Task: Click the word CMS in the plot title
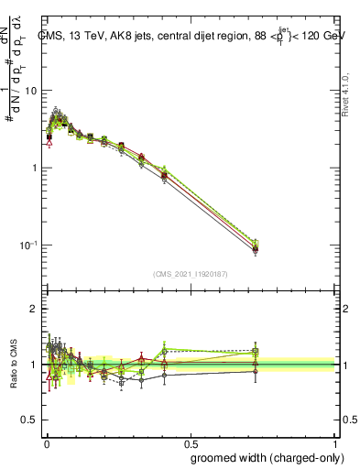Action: tap(51, 36)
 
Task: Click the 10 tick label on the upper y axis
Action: tap(31, 91)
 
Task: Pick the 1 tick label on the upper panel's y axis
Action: tap(35, 168)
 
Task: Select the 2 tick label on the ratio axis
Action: tap(35, 310)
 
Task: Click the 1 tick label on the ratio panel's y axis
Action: tap(35, 365)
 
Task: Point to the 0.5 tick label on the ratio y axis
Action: tap(29, 420)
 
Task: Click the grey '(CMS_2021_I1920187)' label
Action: tap(191, 273)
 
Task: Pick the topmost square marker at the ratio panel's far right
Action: tap(256, 351)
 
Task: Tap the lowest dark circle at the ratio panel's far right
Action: tap(256, 371)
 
